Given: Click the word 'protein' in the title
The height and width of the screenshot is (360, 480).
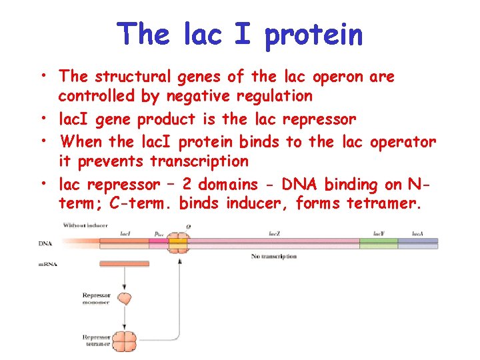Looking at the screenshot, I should click(314, 35).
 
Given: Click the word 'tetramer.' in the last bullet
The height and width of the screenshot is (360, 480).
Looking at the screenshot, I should click(385, 203).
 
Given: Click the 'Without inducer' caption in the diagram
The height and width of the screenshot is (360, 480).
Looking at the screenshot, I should click(87, 225).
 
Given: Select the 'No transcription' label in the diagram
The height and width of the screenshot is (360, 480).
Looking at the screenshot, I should click(274, 257).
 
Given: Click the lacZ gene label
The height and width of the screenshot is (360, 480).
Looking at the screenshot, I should click(274, 233).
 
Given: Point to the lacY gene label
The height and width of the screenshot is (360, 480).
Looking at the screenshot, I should click(378, 233).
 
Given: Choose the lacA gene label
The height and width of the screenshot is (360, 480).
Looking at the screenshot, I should click(418, 233).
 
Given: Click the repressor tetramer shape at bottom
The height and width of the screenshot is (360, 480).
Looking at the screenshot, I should click(125, 341).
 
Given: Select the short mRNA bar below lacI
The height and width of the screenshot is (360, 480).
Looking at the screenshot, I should click(125, 265).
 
